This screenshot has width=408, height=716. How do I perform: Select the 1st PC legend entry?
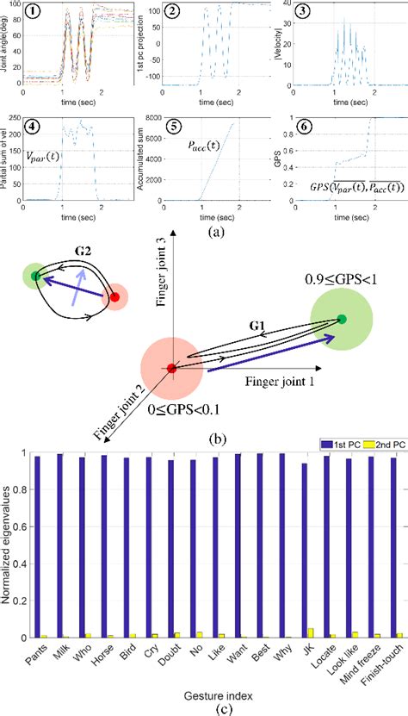[x=327, y=452]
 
